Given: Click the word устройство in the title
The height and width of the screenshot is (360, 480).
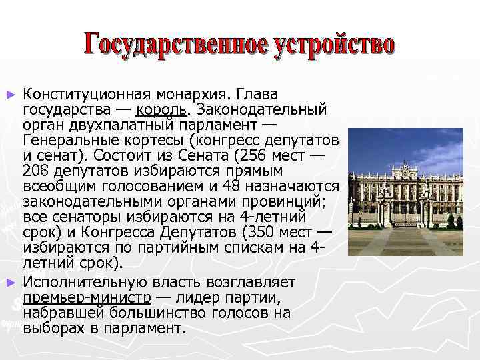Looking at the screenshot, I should [x=335, y=44].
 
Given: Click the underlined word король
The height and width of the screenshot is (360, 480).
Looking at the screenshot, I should [x=161, y=109].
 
